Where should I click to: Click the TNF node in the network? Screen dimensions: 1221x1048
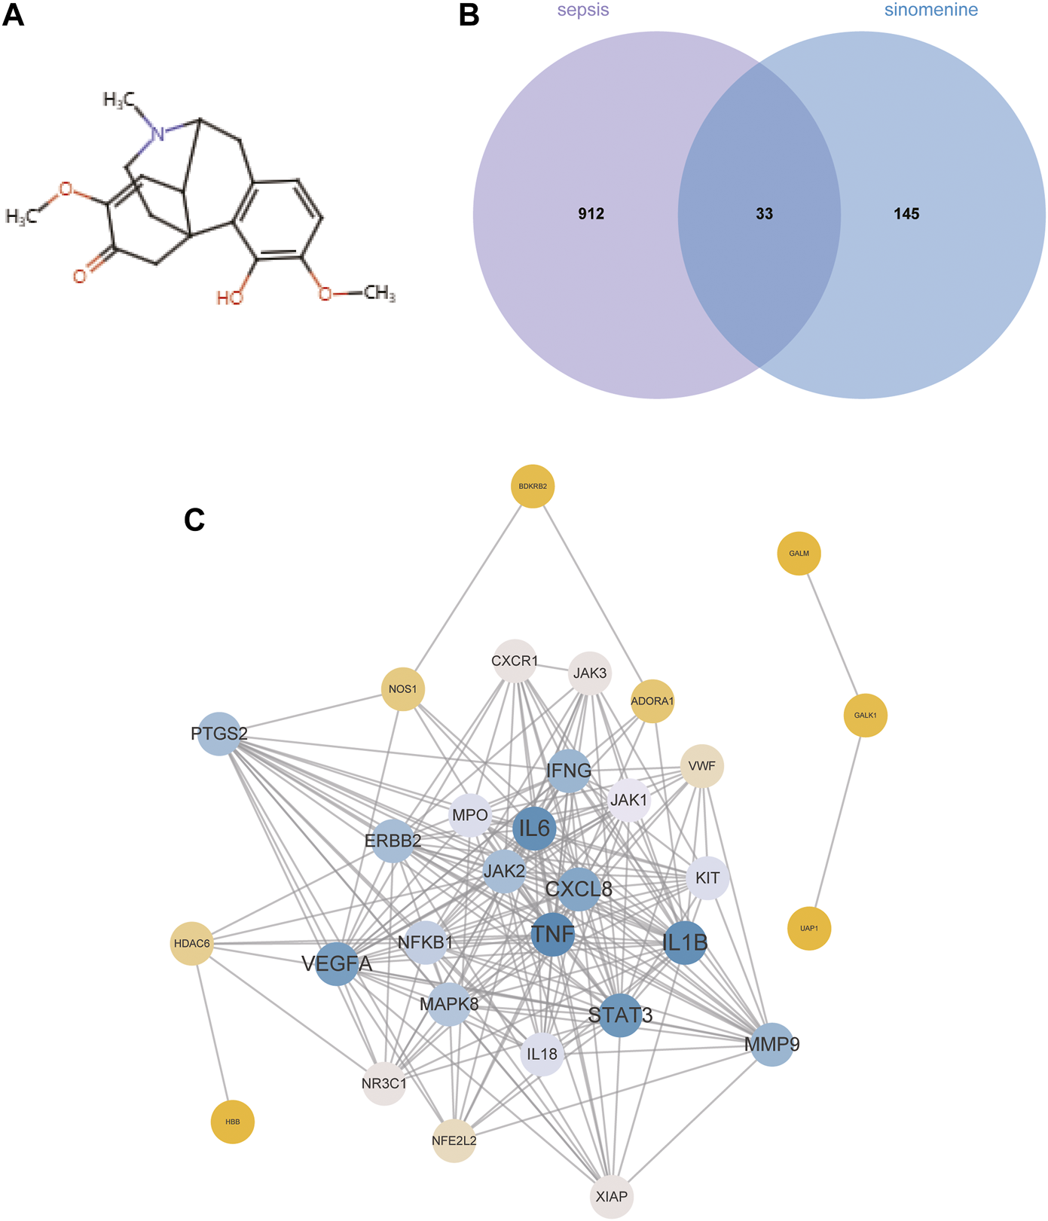(x=553, y=935)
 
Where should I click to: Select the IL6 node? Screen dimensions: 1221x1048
(x=534, y=828)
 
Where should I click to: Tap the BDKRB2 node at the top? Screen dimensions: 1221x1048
(x=533, y=487)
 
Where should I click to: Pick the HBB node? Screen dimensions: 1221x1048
(x=233, y=1122)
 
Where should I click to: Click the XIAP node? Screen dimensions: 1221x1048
(x=612, y=1196)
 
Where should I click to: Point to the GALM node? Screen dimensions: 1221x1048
(x=799, y=554)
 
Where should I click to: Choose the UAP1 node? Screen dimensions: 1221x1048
(x=809, y=928)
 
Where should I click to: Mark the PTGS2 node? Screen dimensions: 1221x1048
(x=219, y=734)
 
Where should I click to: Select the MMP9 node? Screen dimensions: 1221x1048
(x=772, y=1044)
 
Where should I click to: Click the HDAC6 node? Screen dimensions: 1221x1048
(x=192, y=943)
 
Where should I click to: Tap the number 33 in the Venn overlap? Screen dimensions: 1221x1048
(x=764, y=214)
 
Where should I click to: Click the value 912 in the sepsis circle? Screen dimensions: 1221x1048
(x=591, y=214)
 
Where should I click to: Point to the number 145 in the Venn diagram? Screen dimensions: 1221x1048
(x=906, y=214)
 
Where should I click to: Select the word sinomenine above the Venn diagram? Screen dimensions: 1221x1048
(x=931, y=11)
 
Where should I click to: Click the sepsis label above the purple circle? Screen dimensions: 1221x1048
(x=583, y=11)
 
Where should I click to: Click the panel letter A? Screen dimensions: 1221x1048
(x=14, y=15)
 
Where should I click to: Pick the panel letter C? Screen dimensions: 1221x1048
(x=194, y=520)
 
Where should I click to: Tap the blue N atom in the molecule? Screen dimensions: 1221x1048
(x=157, y=135)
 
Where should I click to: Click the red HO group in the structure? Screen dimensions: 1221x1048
(x=230, y=298)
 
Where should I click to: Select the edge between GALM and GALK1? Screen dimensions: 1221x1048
(x=832, y=634)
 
